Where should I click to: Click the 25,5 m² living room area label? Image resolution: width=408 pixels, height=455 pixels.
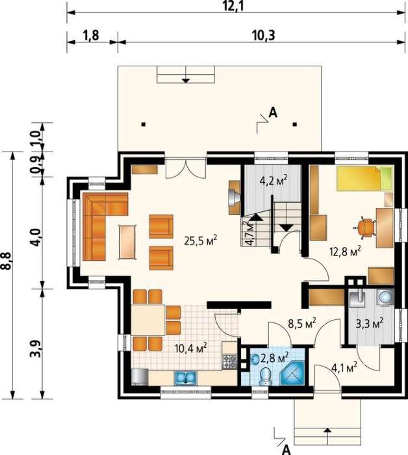pyautogui.click(x=200, y=241)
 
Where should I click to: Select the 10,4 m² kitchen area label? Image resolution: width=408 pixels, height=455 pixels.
pyautogui.click(x=191, y=347)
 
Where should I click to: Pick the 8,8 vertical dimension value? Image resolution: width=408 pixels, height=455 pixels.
pyautogui.click(x=7, y=261)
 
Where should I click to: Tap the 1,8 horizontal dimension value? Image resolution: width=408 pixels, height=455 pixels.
pyautogui.click(x=91, y=35)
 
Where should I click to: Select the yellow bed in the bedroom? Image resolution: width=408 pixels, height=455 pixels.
pyautogui.click(x=364, y=179)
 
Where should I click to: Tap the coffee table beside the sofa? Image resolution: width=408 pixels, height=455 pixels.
pyautogui.click(x=127, y=242)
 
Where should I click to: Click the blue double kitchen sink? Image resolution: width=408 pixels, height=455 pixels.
pyautogui.click(x=185, y=378)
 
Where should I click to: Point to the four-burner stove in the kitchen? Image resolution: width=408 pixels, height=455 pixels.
pyautogui.click(x=230, y=362)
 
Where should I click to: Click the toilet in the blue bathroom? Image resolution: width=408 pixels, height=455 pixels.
pyautogui.click(x=265, y=376)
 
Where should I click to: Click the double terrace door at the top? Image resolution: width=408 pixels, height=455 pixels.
pyautogui.click(x=186, y=168)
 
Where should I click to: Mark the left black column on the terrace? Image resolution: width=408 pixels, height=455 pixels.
pyautogui.click(x=143, y=125)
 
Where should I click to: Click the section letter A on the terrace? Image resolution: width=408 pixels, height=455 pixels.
pyautogui.click(x=273, y=112)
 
